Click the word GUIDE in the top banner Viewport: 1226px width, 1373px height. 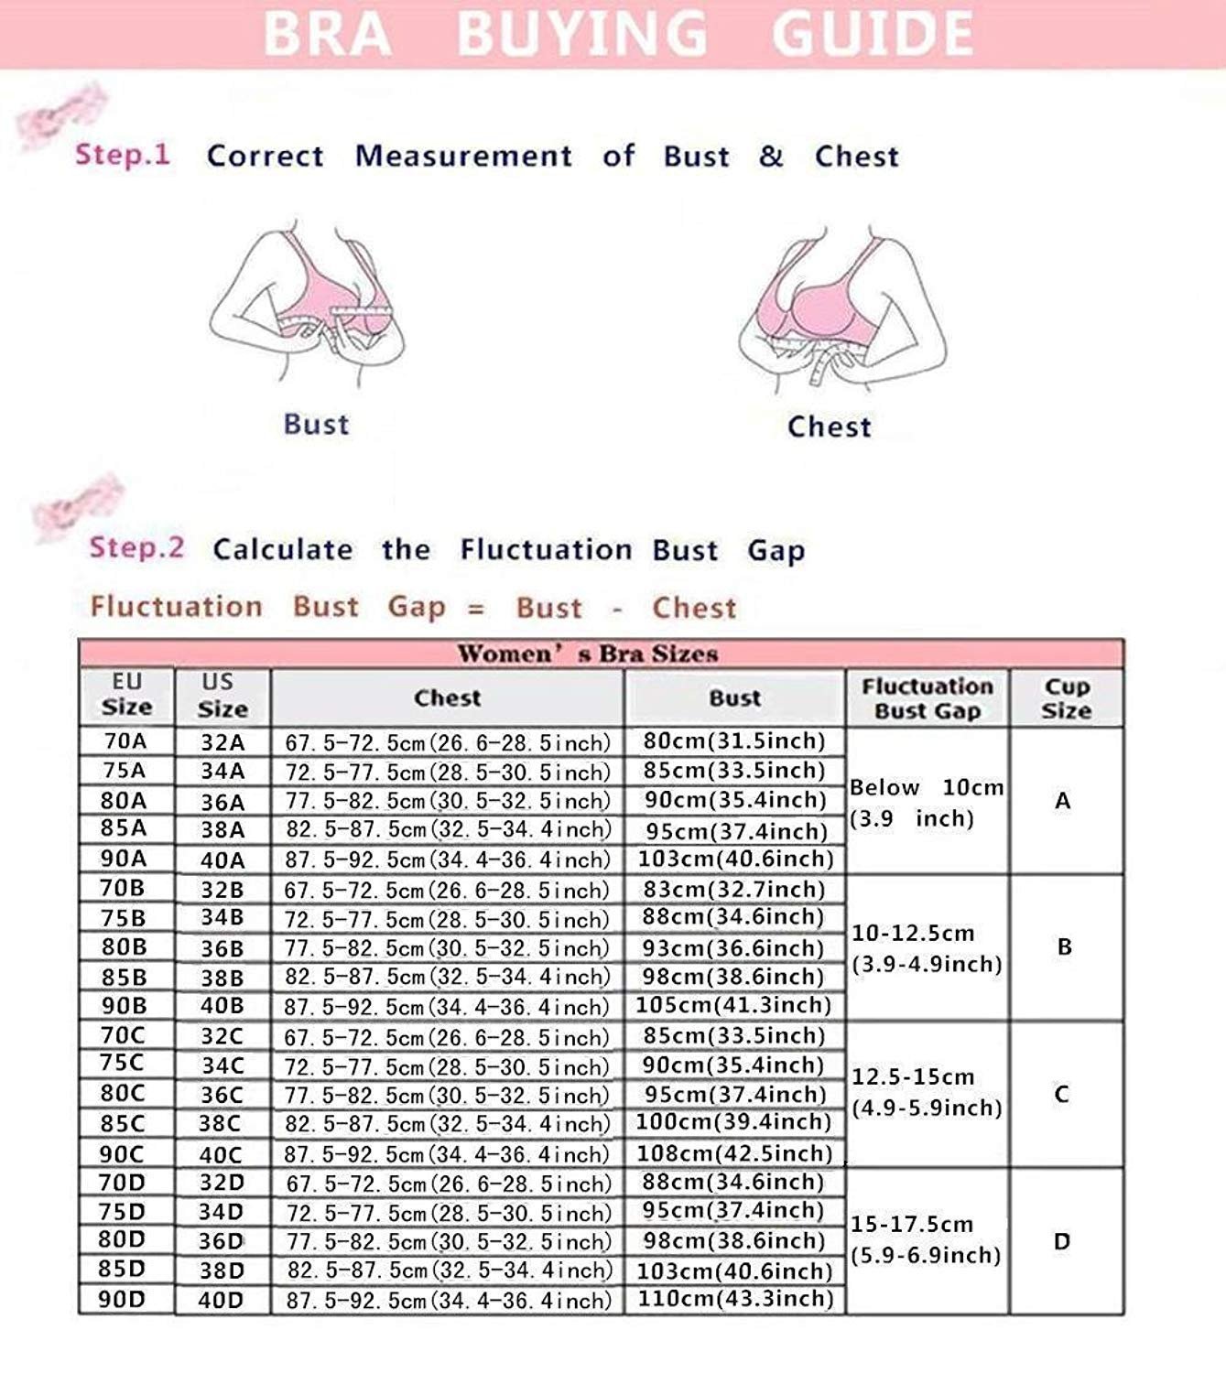(x=873, y=34)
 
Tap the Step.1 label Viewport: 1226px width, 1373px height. (x=123, y=154)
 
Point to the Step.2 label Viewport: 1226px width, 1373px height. (x=136, y=547)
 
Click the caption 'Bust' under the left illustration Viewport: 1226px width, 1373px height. (x=316, y=424)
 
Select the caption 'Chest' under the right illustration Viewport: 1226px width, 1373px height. (x=829, y=427)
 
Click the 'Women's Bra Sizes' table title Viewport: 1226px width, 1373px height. (x=588, y=654)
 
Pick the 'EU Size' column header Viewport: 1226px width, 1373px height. (x=126, y=695)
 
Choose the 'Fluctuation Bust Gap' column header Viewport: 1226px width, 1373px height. (x=927, y=698)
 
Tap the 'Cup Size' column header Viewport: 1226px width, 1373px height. (x=1067, y=698)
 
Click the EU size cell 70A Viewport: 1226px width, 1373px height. (x=125, y=741)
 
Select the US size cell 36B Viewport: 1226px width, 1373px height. (x=222, y=948)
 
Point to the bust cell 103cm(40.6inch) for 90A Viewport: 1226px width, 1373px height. (x=734, y=859)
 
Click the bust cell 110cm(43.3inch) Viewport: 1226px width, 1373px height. (x=735, y=1298)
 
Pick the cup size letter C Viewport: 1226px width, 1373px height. (x=1062, y=1094)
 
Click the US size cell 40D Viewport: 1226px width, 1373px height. (x=222, y=1300)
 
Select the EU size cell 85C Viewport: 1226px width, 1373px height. (x=123, y=1123)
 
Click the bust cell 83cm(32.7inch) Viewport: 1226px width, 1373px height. (x=733, y=889)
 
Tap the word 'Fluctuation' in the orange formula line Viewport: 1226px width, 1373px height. (x=176, y=607)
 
